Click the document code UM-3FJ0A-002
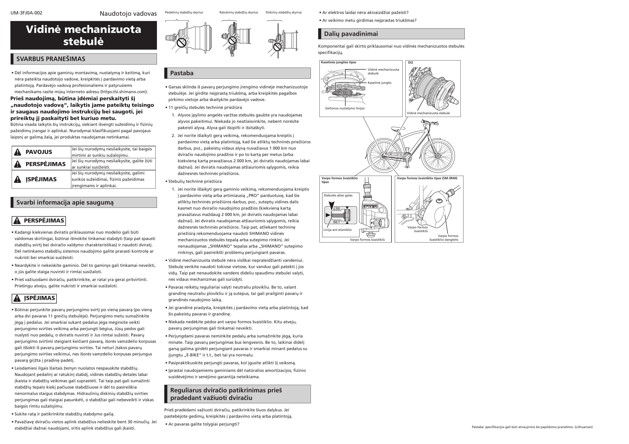tap(26, 13)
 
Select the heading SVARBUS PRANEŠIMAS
tap(51, 59)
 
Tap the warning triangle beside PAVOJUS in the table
tap(17, 152)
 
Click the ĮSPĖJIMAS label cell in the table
tap(41, 179)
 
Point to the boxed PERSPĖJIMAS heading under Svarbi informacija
tap(39, 221)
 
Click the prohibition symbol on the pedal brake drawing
tap(182, 43)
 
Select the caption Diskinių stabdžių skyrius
tap(283, 12)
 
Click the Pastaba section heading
tap(182, 73)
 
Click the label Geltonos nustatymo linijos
tap(345, 108)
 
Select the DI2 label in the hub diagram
tap(410, 63)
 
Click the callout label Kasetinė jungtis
tap(380, 83)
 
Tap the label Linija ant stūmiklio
tap(337, 230)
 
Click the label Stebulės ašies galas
tap(338, 195)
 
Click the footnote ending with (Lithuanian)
tap(532, 427)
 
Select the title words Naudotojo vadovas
tap(128, 14)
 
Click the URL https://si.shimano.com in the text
tap(123, 92)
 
